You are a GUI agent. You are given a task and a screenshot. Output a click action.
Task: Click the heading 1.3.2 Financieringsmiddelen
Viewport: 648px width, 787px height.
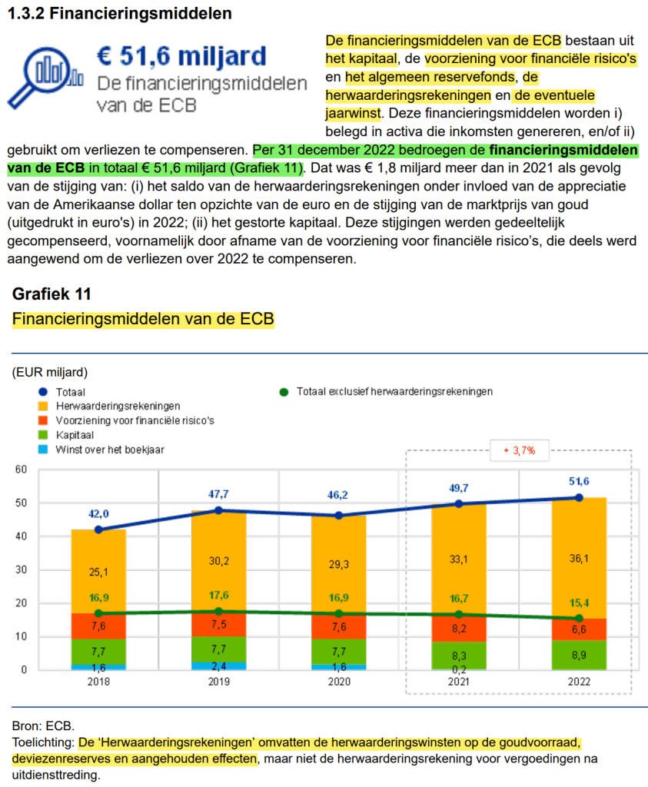(x=119, y=13)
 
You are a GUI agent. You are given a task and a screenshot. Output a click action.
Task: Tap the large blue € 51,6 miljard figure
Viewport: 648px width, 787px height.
(x=181, y=55)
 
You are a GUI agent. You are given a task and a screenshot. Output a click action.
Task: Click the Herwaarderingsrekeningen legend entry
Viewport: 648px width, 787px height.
(x=118, y=405)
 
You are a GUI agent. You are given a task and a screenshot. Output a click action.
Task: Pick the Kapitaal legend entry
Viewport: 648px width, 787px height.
(x=75, y=434)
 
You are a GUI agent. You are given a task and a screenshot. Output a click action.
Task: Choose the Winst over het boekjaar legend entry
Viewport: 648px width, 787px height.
(x=109, y=449)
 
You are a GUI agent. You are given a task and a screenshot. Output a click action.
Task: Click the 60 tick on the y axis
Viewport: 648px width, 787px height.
(x=21, y=469)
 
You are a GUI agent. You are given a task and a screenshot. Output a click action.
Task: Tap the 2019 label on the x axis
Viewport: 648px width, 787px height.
(x=219, y=682)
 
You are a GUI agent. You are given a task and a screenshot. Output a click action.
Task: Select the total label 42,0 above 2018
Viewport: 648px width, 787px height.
(x=98, y=513)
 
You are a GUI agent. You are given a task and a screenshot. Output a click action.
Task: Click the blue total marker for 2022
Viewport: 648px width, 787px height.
(x=579, y=497)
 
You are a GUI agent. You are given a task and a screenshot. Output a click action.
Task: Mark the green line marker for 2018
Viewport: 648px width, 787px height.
(x=98, y=613)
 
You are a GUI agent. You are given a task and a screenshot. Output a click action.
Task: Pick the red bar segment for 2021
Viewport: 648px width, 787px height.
(x=459, y=627)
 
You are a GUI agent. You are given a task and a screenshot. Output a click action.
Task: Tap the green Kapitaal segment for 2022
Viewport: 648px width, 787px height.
(x=579, y=655)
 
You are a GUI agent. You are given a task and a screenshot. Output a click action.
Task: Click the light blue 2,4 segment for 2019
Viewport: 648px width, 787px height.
(x=219, y=666)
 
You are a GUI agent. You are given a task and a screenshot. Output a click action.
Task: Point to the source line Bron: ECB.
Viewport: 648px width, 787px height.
(x=43, y=726)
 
